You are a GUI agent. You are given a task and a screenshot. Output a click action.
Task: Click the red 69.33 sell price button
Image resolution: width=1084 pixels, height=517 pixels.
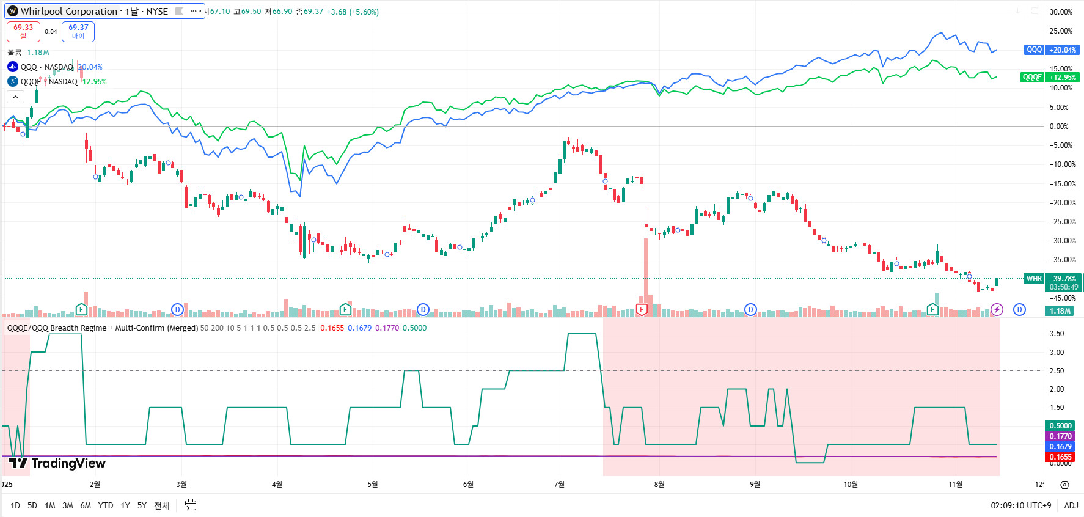pos(23,31)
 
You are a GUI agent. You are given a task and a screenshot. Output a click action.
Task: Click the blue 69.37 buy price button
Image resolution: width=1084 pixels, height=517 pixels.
pos(78,31)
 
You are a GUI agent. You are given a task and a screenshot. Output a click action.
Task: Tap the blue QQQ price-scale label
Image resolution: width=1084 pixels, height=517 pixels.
pos(1034,50)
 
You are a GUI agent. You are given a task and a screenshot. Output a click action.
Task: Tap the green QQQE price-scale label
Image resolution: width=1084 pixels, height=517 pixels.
pos(1032,77)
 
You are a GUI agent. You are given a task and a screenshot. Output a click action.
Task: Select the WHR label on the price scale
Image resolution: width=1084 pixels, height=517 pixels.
pos(1034,279)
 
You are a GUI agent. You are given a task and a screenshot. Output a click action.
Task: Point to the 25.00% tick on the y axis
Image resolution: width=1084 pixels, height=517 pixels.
pos(1060,31)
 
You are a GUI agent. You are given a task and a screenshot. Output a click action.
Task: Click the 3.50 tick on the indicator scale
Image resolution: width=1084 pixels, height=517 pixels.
pos(1057,334)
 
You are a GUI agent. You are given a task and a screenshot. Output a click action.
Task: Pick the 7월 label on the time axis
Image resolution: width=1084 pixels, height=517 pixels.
pos(559,485)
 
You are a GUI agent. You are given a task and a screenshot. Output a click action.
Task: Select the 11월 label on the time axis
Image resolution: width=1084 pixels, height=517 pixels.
pos(955,485)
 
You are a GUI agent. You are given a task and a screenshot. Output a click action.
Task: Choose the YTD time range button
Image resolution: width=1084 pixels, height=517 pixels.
pos(106,505)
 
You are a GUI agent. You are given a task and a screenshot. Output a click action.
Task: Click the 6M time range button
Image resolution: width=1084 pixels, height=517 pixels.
pos(86,505)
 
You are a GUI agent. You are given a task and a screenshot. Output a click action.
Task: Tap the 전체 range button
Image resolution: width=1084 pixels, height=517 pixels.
pos(161,505)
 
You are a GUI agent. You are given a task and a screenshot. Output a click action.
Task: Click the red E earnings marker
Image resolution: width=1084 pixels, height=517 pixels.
pos(642,309)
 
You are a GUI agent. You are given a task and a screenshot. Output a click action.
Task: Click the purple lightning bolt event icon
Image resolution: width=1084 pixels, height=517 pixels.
pos(997,310)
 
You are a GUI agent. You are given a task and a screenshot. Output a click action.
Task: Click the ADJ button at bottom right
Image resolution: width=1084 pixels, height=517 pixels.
pos(1071,505)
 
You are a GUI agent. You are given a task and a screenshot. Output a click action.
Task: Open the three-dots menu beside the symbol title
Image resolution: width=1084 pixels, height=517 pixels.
pos(196,11)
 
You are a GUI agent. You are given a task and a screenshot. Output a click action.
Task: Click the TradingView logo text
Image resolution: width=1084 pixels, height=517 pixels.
pos(68,463)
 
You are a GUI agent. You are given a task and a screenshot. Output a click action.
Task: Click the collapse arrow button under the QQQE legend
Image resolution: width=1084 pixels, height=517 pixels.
pos(15,97)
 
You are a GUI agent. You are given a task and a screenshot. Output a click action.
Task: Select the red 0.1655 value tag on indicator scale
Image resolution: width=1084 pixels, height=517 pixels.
pos(1060,457)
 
